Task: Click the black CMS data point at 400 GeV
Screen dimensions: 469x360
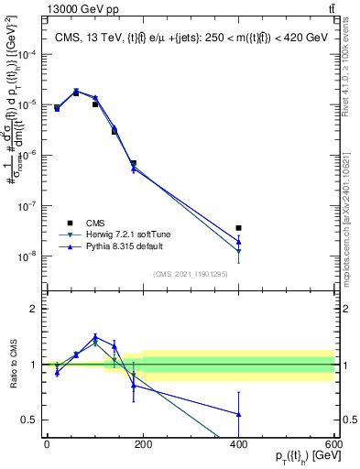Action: (238, 228)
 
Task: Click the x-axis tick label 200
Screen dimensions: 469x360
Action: (142, 443)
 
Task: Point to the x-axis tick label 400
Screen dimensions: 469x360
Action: (238, 443)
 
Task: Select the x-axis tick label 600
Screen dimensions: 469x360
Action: (333, 443)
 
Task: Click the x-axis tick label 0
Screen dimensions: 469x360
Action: (47, 443)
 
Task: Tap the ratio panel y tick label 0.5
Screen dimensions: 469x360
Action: (29, 420)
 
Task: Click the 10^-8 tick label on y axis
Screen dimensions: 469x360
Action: (27, 256)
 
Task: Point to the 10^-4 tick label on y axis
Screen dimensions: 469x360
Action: (27, 55)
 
